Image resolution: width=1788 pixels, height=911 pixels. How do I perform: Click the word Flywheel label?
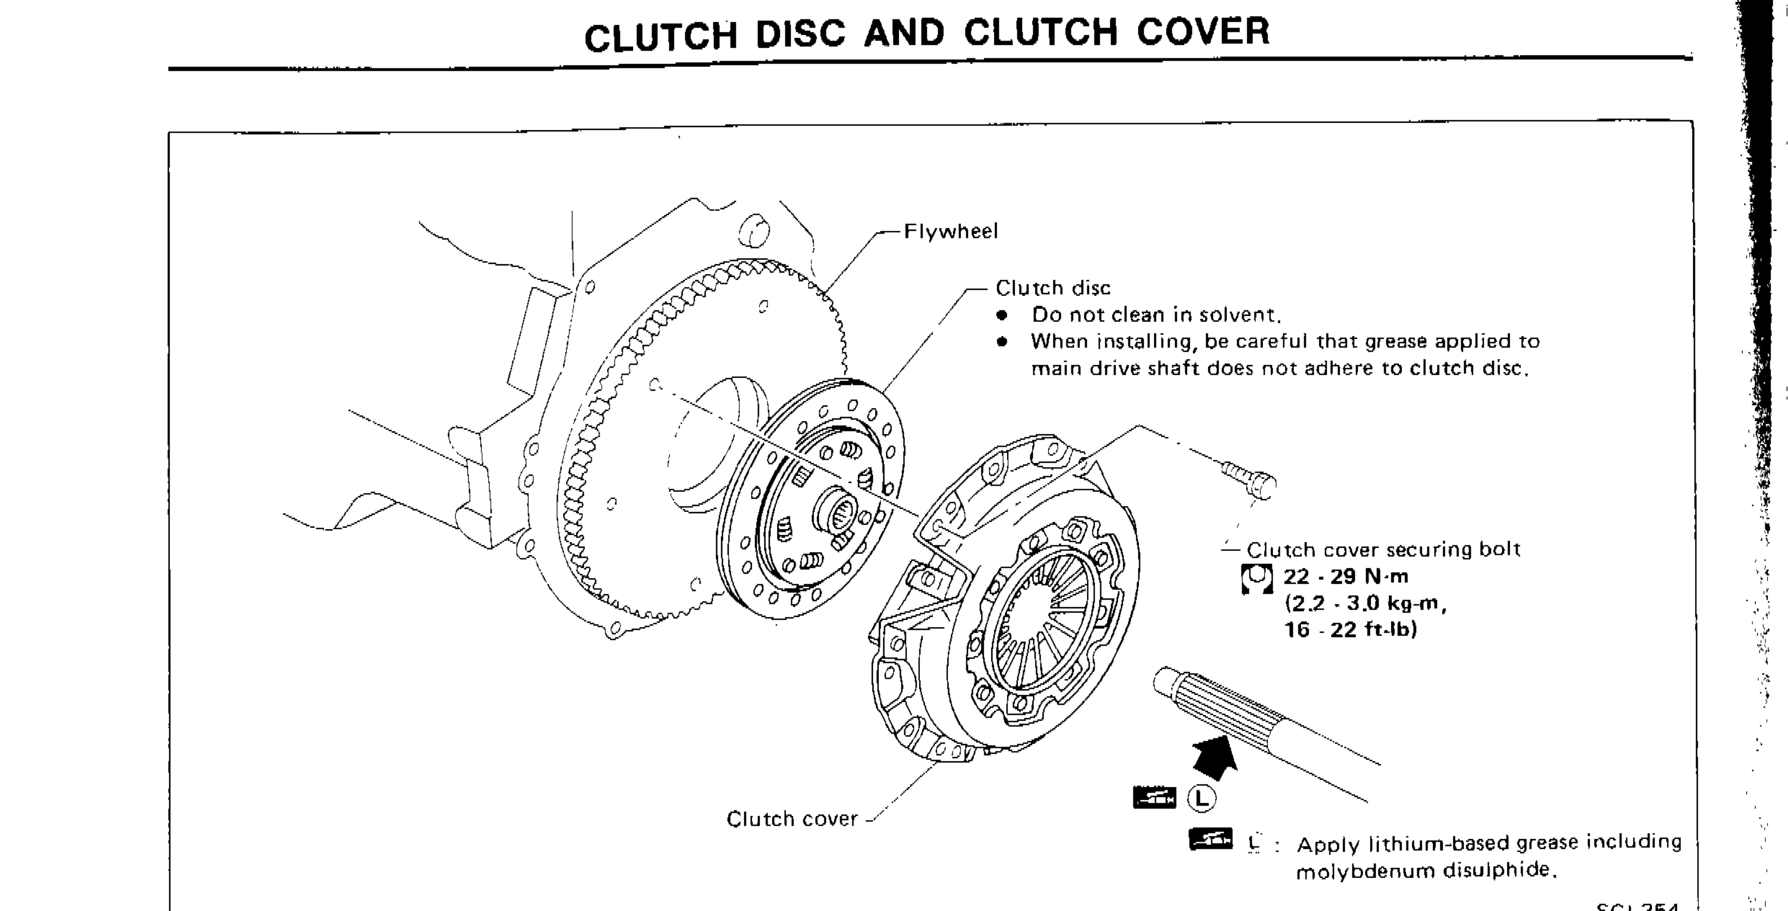[x=950, y=231]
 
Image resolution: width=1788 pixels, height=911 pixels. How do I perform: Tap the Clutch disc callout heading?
[x=1052, y=288]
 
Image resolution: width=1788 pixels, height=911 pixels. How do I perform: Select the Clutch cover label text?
[x=791, y=819]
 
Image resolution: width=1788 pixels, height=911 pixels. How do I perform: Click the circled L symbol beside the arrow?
[x=1202, y=799]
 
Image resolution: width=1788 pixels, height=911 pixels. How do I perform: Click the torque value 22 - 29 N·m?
[x=1346, y=576]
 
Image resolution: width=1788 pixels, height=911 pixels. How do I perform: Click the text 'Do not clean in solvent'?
[x=1155, y=315]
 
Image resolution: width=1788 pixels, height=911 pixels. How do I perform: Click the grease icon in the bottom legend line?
[x=1211, y=840]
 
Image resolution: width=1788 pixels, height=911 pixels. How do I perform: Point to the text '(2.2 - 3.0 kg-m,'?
[x=1365, y=603]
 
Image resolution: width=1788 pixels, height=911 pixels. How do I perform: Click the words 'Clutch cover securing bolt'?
[x=1383, y=550]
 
